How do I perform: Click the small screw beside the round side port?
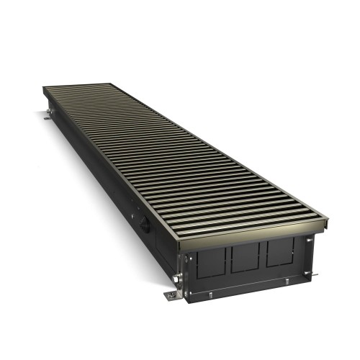point(135,213)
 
